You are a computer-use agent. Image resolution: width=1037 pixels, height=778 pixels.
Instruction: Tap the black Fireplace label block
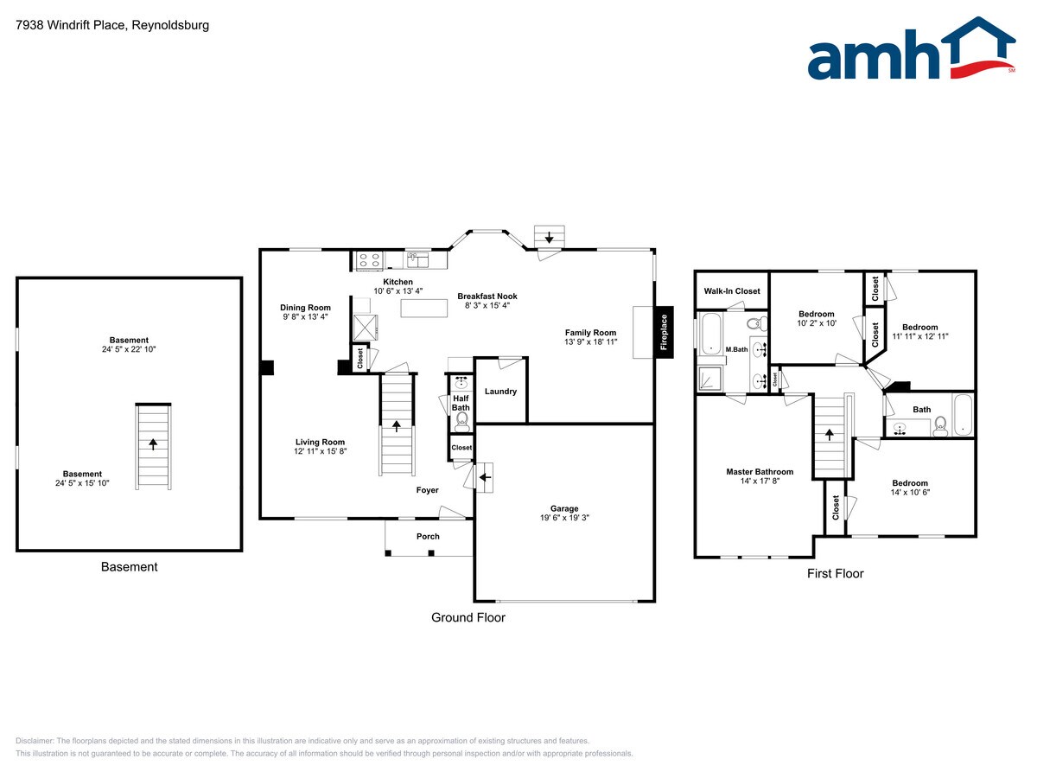[664, 331]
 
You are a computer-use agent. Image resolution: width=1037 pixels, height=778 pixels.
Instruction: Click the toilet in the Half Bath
[461, 421]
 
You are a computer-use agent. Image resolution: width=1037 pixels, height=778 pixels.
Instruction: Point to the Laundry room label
[500, 392]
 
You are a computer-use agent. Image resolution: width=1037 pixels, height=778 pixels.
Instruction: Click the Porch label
[428, 536]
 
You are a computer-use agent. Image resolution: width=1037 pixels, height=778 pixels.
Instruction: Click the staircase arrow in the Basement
[154, 444]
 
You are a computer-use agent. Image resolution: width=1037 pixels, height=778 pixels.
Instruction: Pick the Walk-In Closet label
[732, 291]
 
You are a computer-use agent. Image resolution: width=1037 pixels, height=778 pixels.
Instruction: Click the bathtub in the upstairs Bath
[962, 414]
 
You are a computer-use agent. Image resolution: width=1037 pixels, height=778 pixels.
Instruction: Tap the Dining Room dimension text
[305, 316]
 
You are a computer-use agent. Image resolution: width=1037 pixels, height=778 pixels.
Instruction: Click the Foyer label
[427, 490]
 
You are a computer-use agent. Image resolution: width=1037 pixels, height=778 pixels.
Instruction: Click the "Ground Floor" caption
[468, 617]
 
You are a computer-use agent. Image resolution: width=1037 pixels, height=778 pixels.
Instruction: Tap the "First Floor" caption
[835, 573]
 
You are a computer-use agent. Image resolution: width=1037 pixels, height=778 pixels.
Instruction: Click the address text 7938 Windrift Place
[112, 25]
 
